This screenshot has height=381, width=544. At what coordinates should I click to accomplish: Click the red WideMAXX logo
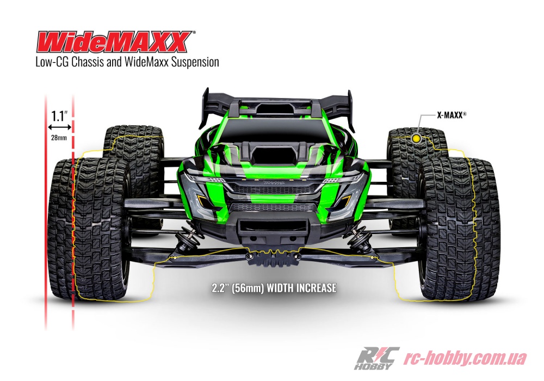click(x=115, y=41)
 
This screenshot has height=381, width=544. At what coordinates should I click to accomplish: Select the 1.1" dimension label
click(x=59, y=115)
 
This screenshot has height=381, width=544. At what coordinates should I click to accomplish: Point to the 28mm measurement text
click(x=59, y=138)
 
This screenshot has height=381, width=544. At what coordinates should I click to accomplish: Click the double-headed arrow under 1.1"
click(x=59, y=127)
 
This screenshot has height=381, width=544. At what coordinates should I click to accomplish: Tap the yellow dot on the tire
click(x=416, y=139)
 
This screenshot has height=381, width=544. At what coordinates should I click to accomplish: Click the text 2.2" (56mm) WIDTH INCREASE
click(x=274, y=288)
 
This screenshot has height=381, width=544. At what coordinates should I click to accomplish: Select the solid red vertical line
click(x=46, y=212)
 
